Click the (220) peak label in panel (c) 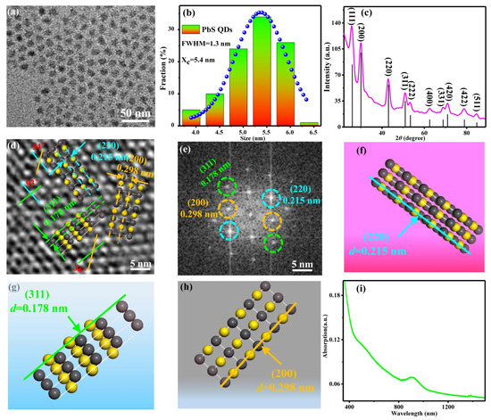click(388, 67)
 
